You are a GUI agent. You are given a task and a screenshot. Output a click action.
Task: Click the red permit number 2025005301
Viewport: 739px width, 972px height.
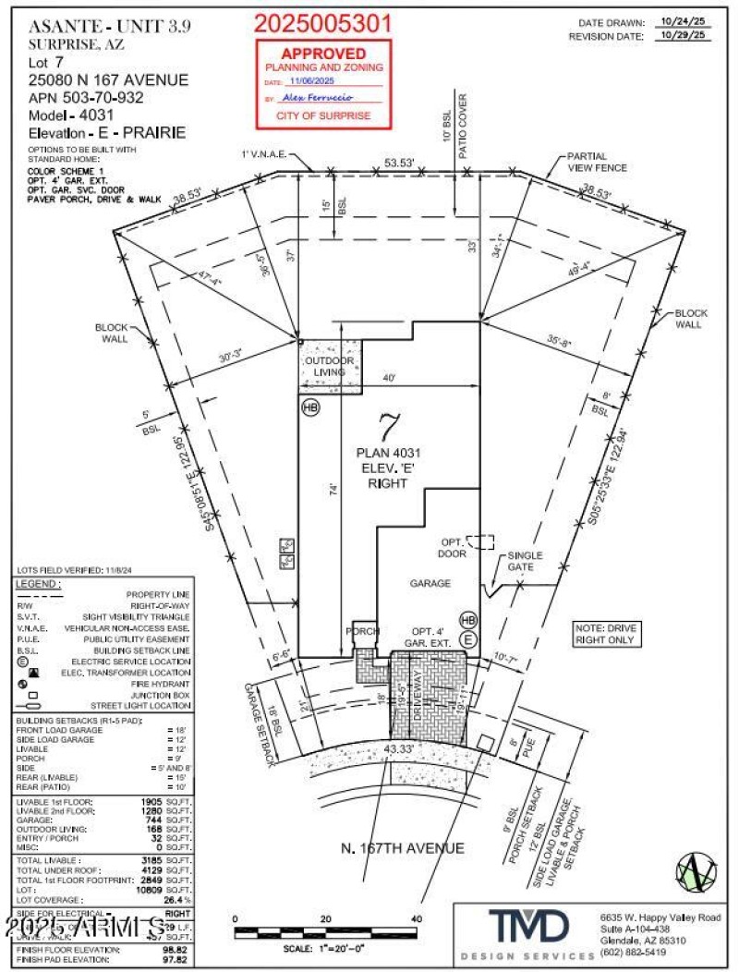[x=322, y=23]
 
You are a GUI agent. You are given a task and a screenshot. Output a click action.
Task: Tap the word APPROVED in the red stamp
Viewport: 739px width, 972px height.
[x=323, y=55]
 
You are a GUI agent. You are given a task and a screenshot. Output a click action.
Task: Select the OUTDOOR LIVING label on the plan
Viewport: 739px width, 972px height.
[x=329, y=366]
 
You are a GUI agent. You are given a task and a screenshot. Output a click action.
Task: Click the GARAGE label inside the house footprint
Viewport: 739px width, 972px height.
[x=430, y=583]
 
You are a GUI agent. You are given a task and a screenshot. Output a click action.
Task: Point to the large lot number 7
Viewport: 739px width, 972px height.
[x=389, y=428]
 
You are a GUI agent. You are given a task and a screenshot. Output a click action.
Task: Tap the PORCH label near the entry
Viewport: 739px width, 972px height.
[x=362, y=632]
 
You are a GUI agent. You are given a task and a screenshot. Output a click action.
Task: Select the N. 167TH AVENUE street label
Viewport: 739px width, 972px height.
[x=402, y=848]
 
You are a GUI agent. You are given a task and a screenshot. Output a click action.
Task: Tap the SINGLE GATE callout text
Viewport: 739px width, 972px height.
[x=525, y=560]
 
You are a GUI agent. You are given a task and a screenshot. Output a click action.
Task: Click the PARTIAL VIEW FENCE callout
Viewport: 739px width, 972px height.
[x=597, y=162]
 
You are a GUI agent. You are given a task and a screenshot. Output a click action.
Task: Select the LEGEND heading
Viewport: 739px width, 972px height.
[x=40, y=584]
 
